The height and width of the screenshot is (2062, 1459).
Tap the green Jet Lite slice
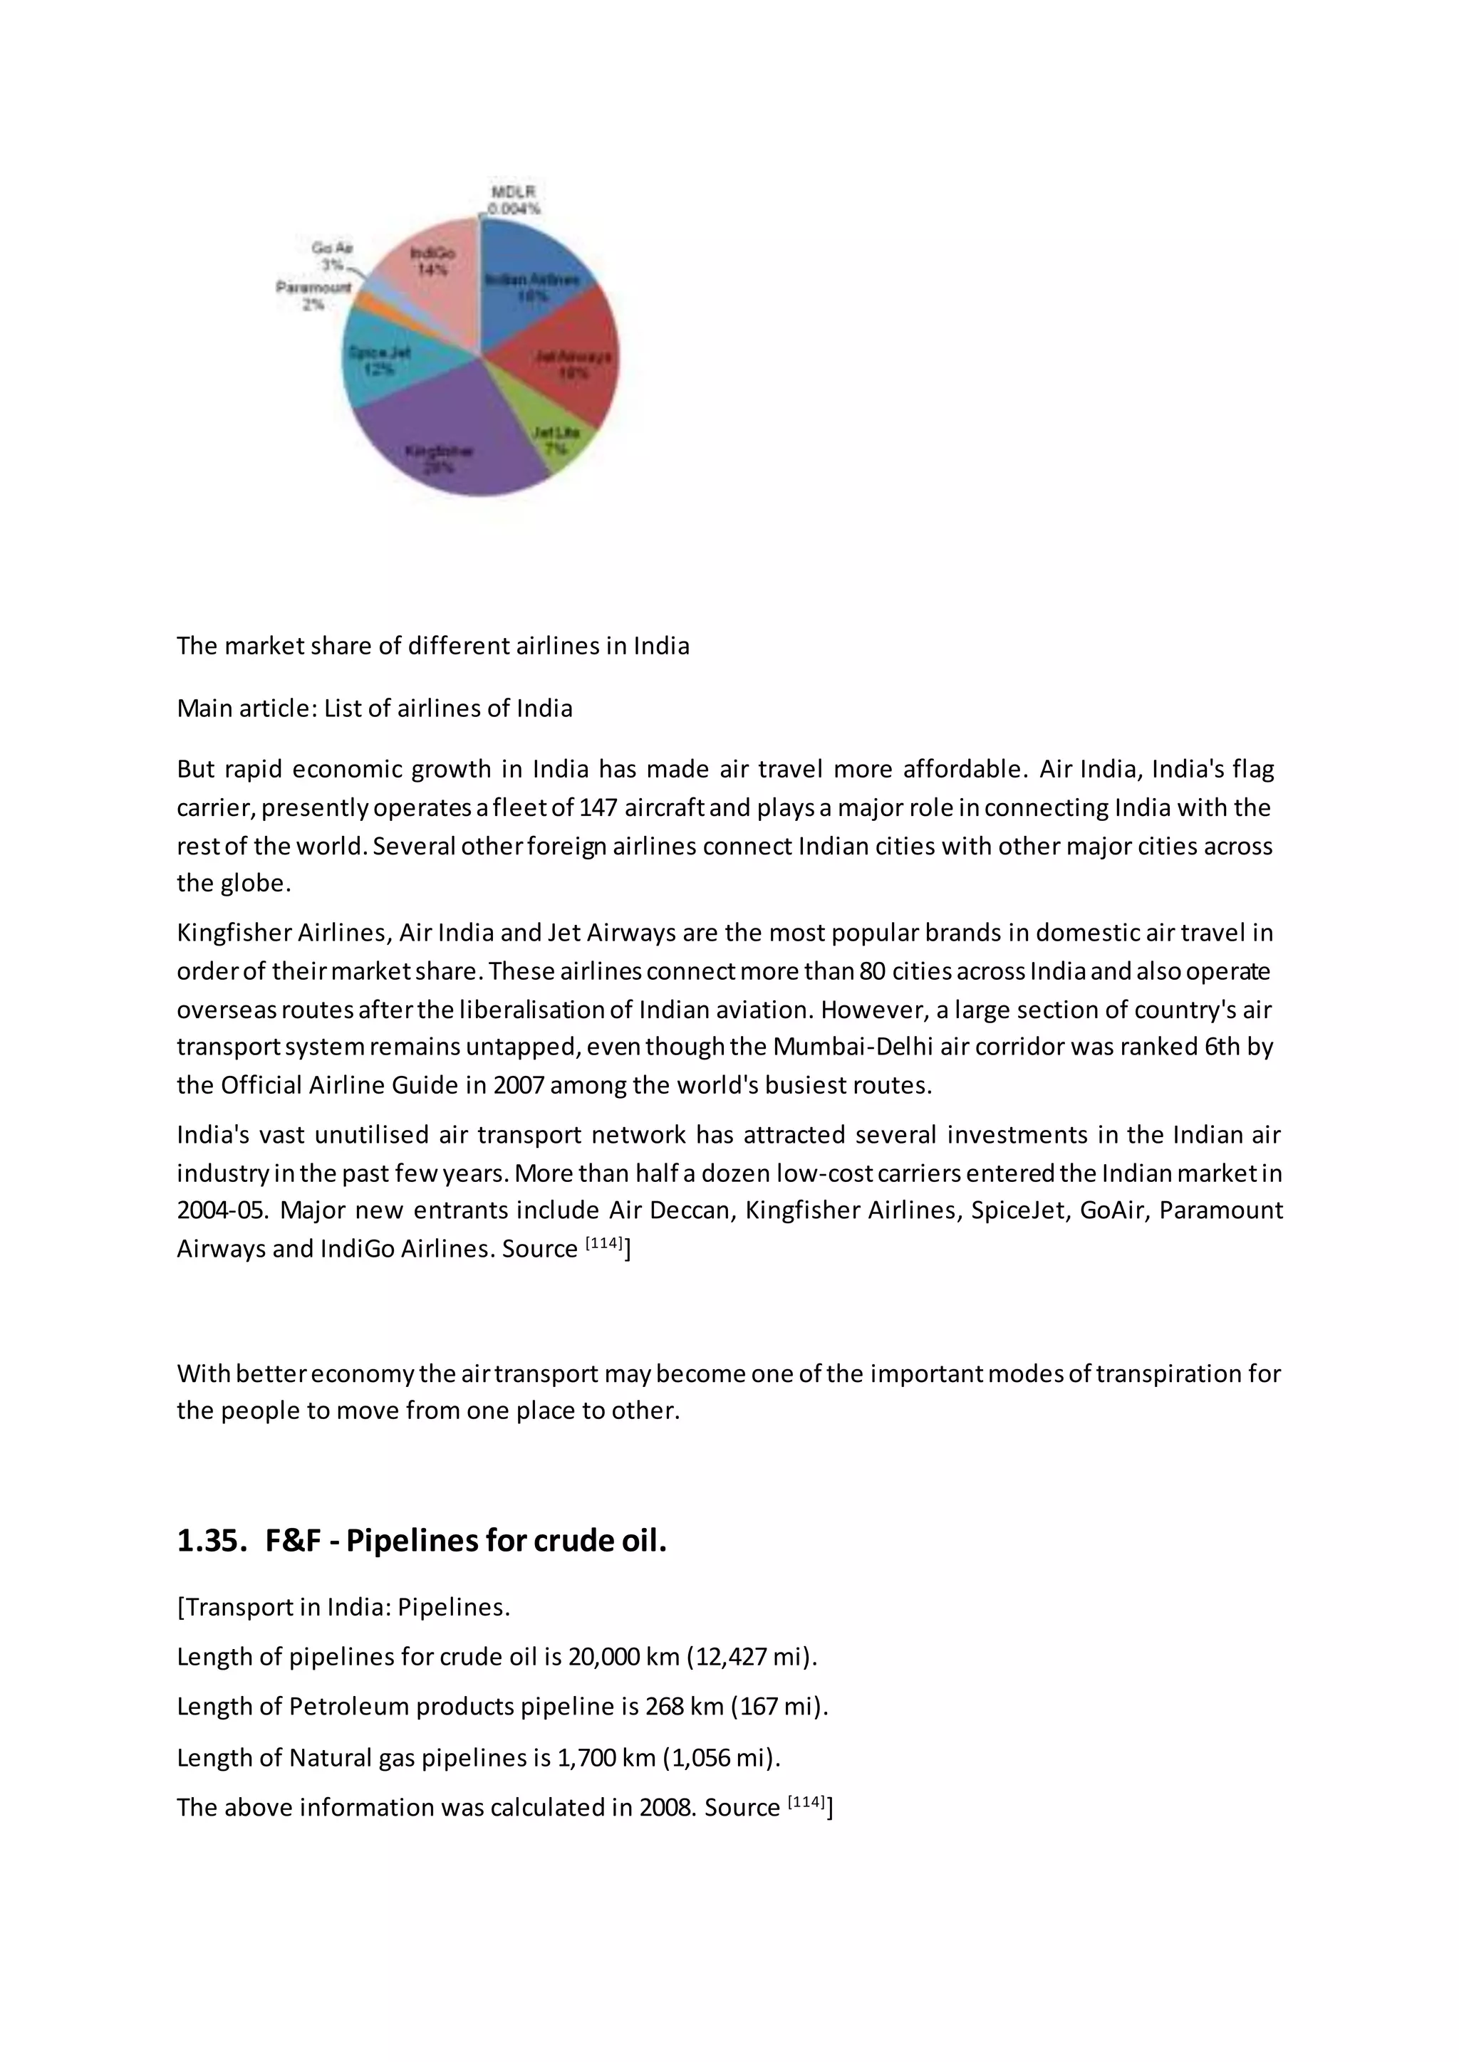(x=557, y=440)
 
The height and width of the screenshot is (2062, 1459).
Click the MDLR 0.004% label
(x=513, y=200)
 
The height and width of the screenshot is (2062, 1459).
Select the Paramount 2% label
(x=313, y=295)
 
